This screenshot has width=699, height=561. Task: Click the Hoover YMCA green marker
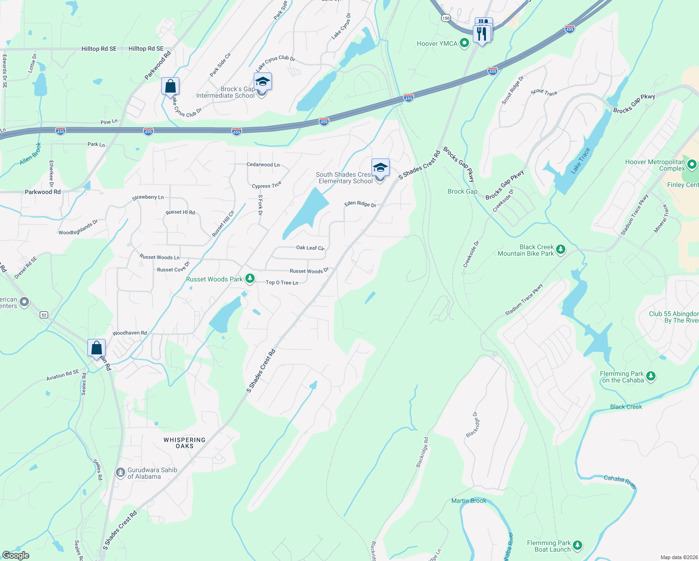[464, 43]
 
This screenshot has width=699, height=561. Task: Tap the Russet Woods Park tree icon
[250, 279]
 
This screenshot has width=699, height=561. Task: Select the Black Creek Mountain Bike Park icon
[561, 250]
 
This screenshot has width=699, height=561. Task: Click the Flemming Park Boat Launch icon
[578, 546]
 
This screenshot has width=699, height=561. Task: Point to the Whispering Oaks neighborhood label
[185, 443]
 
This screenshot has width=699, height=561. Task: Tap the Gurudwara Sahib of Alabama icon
[121, 473]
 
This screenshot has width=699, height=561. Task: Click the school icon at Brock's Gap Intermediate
[263, 82]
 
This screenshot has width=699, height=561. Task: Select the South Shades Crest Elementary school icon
[380, 167]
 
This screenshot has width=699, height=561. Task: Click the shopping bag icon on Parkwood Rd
[170, 86]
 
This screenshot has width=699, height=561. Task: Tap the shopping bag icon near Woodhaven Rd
[97, 348]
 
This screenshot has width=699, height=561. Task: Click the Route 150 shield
[446, 18]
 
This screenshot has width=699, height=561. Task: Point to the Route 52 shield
[44, 315]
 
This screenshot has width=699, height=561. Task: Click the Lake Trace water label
[580, 161]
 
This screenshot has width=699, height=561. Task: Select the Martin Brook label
[469, 501]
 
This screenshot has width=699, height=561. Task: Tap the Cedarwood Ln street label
[263, 165]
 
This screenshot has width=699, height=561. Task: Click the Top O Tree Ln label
[282, 282]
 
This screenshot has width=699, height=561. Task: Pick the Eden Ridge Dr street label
[360, 204]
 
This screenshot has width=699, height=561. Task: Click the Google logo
[16, 555]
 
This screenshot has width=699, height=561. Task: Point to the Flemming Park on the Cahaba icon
[651, 376]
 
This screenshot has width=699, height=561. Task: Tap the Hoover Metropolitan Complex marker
[692, 165]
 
